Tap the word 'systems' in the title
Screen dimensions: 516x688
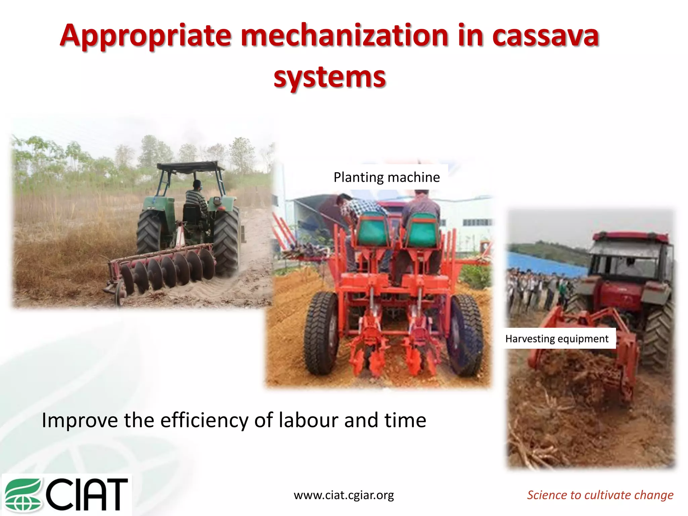click(330, 77)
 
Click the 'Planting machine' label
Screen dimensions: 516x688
click(387, 177)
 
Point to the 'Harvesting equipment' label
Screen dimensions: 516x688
click(557, 339)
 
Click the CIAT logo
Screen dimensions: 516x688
click(67, 494)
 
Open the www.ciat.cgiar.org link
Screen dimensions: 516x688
click(344, 495)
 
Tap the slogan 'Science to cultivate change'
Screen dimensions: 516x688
click(600, 495)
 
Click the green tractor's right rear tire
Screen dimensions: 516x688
click(226, 240)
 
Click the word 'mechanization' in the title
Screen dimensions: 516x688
click(345, 36)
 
